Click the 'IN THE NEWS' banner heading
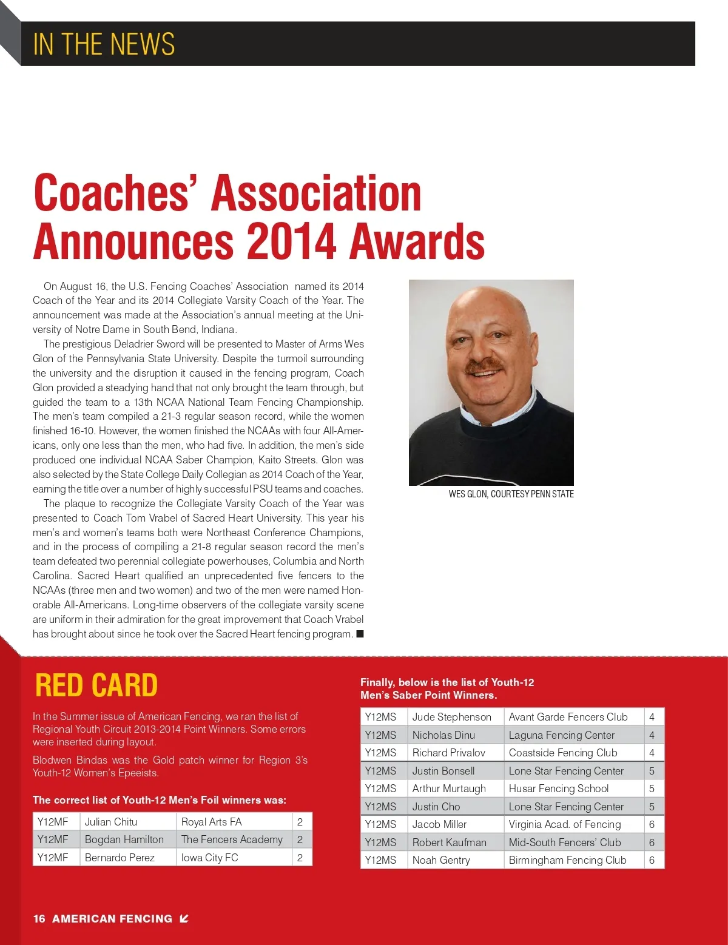coord(104,44)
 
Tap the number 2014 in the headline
coord(292,241)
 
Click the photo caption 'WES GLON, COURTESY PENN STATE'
coord(511,494)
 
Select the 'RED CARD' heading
coord(96,685)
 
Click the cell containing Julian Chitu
coord(111,822)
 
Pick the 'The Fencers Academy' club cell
coord(232,839)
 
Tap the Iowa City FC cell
coord(210,858)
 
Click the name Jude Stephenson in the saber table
coord(451,717)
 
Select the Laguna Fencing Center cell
coord(561,735)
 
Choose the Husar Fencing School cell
coord(558,789)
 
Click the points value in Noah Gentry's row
coord(652,860)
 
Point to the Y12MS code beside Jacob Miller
coord(380,824)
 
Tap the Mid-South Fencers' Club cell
coord(564,842)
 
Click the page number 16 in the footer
coord(39,918)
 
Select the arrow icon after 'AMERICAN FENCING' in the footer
coord(184,918)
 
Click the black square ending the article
coord(360,634)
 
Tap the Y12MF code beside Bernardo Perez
coord(53,858)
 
